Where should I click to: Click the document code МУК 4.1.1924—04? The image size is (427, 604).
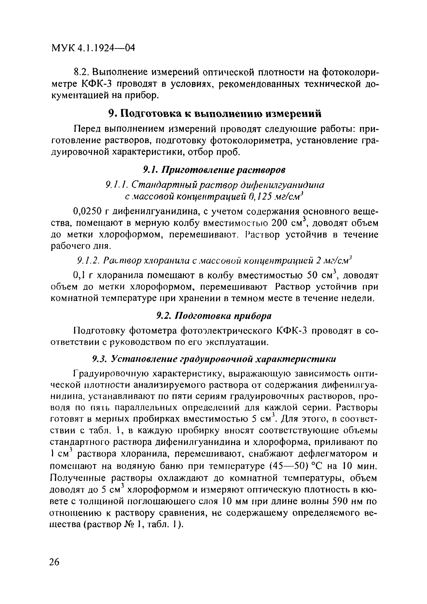point(93,48)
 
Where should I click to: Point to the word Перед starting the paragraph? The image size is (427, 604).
point(88,129)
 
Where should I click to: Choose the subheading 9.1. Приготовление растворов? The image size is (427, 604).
point(214,170)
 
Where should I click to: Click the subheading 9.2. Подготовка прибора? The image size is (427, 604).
point(213,316)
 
